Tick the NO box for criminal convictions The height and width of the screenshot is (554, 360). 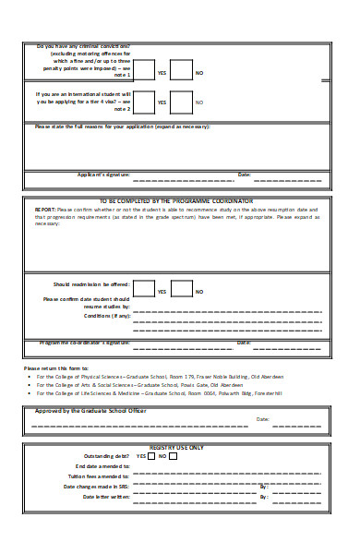181,71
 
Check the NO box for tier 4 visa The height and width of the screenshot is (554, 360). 181,102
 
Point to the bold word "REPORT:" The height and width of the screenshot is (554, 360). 45,209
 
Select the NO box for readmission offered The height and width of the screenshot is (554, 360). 181,291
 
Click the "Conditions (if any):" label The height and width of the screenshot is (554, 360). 107,316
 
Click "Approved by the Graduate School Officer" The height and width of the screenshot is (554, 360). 90,411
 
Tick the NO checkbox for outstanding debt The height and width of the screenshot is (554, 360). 174,456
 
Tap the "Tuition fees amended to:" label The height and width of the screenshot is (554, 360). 102,476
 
